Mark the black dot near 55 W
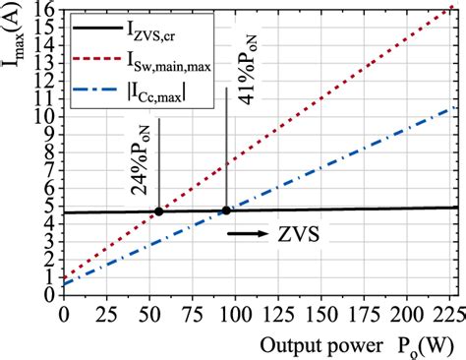pos(158,210)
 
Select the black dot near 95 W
pos(226,210)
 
